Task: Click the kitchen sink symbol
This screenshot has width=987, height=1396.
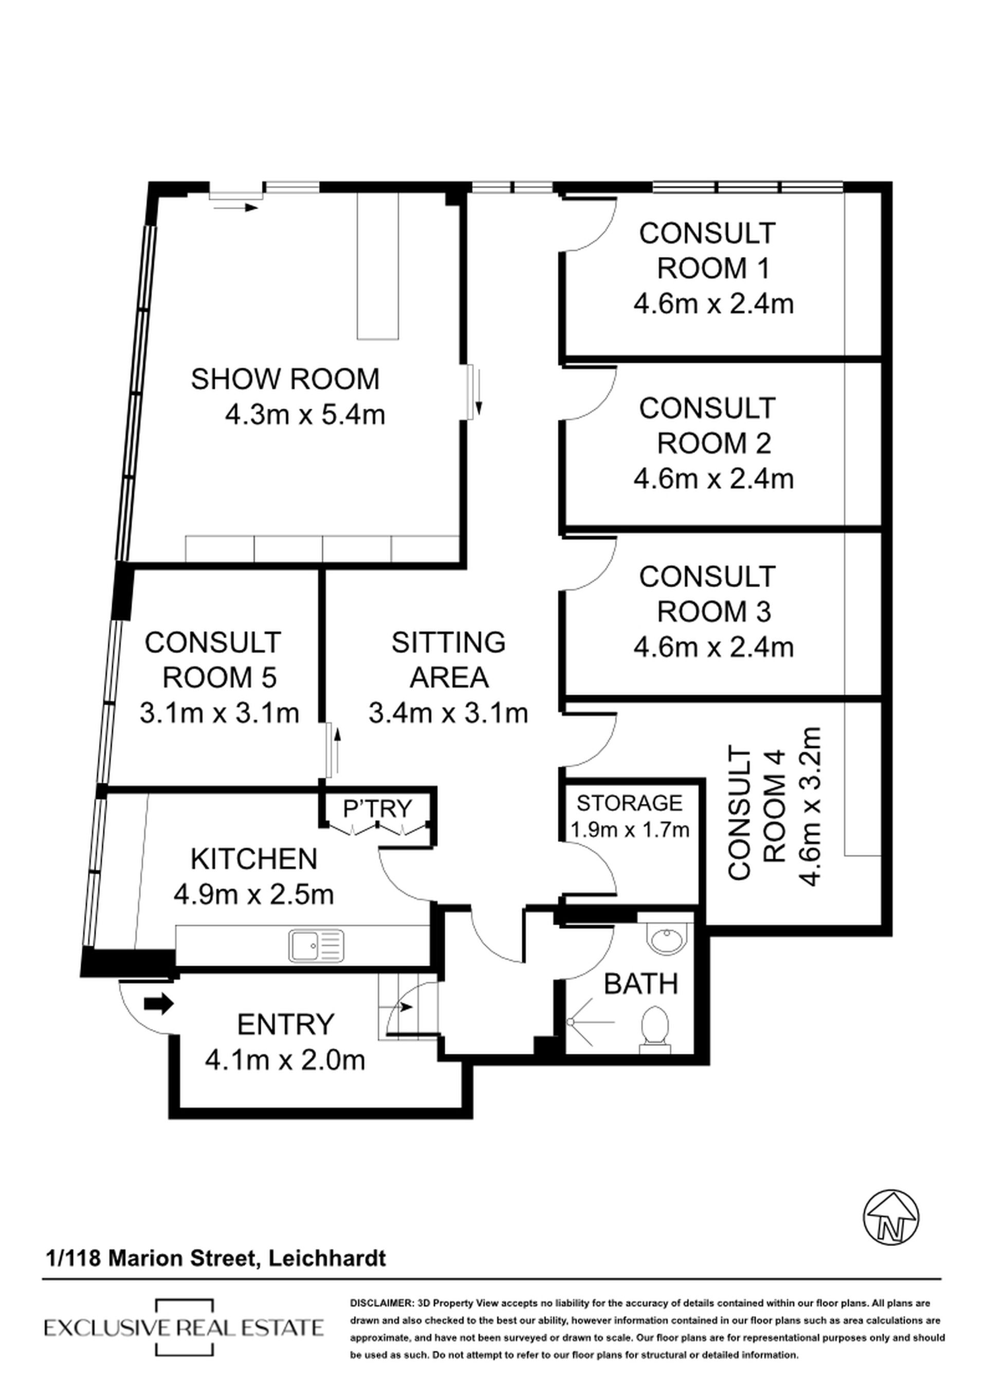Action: click(317, 946)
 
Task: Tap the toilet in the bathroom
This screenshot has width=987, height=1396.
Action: click(654, 1029)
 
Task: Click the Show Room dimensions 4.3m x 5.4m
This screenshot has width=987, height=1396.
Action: click(305, 415)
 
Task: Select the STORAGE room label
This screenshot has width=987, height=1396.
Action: click(629, 803)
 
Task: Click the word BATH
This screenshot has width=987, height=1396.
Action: click(641, 984)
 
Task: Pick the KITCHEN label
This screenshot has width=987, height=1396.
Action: click(254, 859)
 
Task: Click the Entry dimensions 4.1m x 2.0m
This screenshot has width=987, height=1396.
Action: click(285, 1061)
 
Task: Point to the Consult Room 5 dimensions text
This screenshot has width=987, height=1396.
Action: click(220, 712)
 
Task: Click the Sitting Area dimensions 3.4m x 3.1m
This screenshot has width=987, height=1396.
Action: click(448, 712)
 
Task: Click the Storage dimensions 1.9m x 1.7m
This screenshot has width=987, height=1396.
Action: click(629, 830)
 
